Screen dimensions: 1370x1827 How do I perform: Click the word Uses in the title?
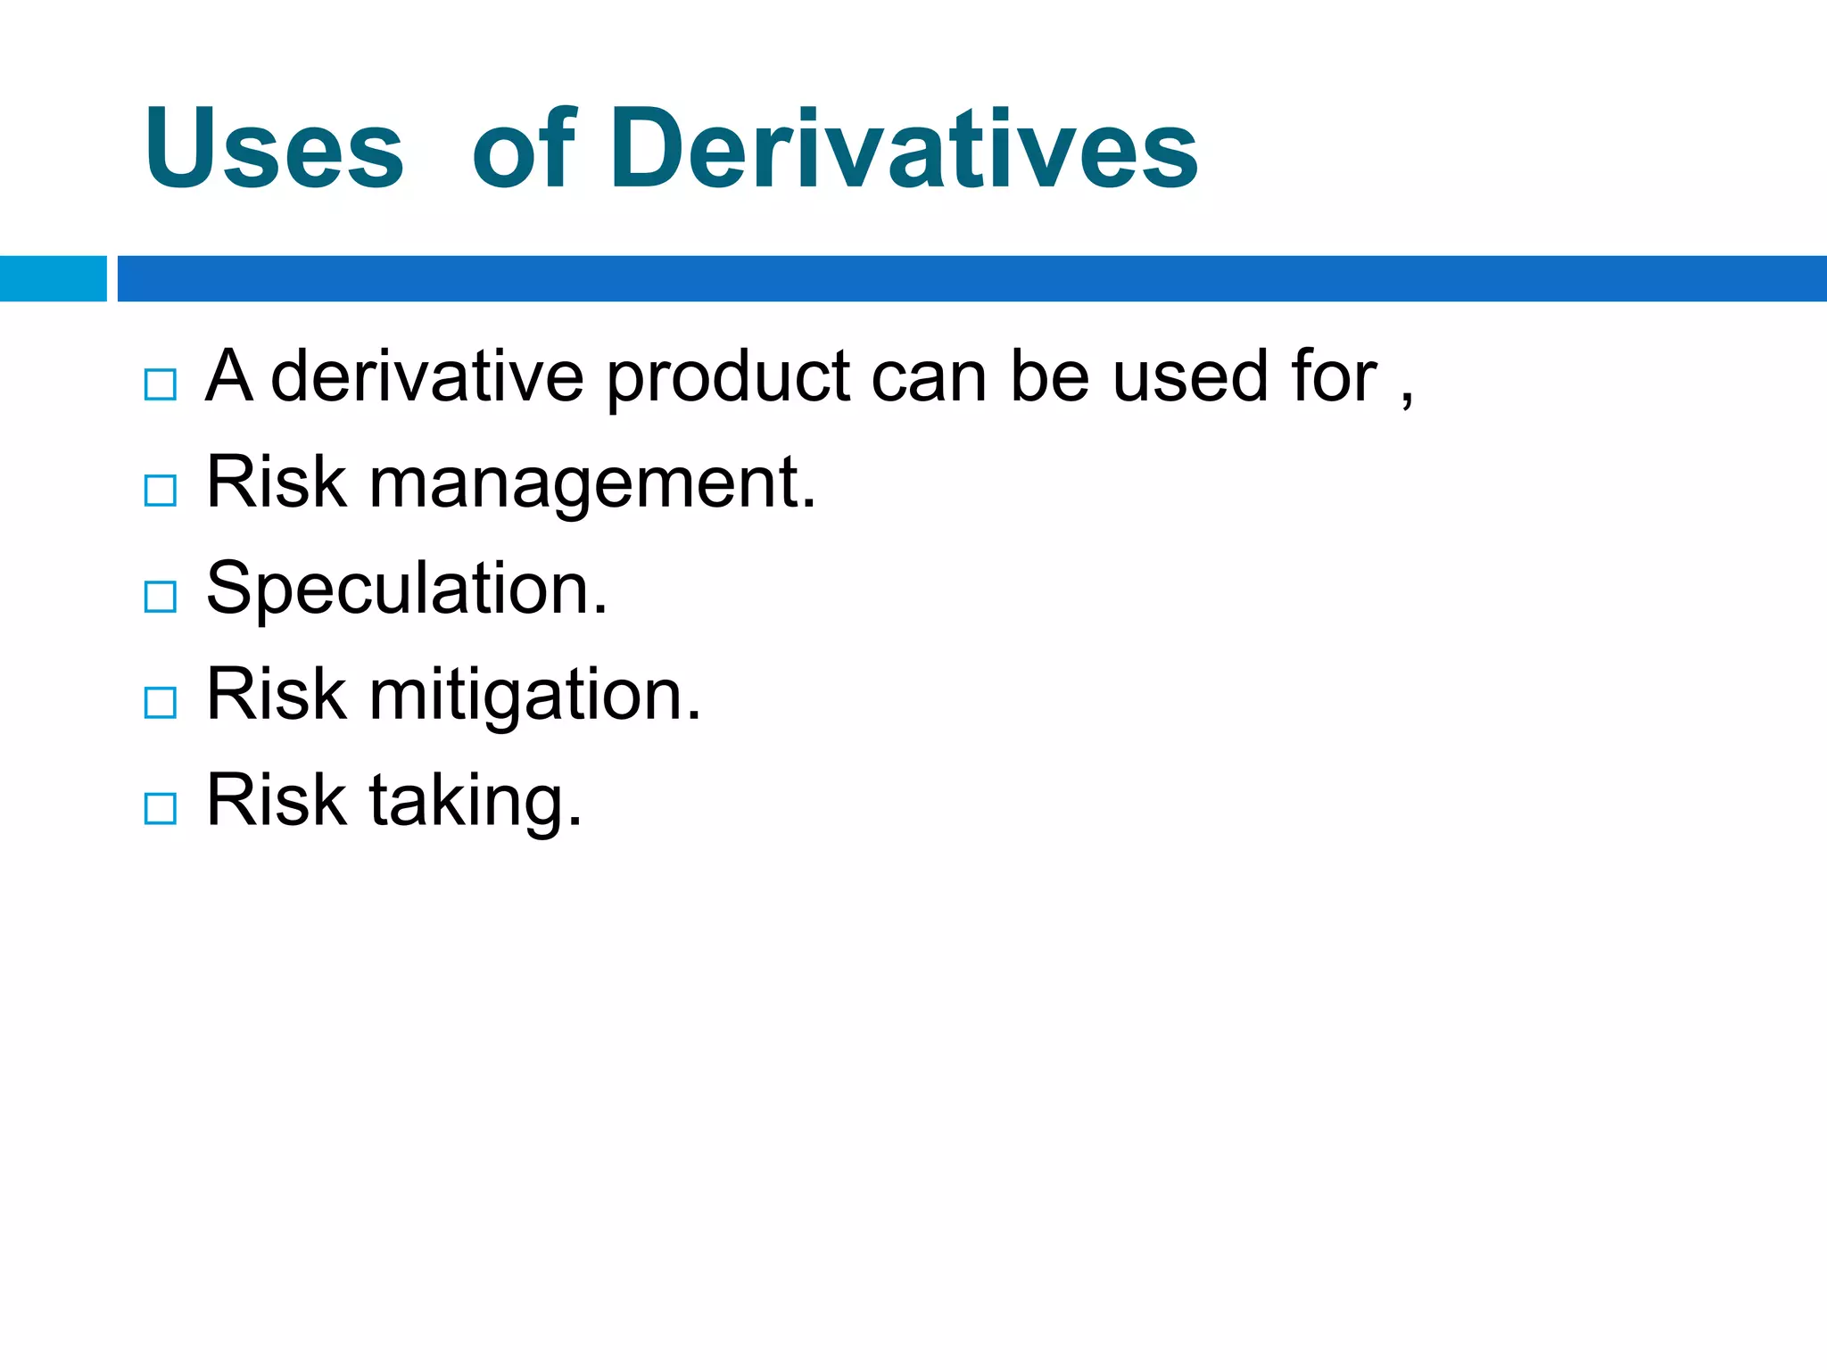click(275, 149)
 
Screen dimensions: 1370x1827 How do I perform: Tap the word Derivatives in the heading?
click(904, 149)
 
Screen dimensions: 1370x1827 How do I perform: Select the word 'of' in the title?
click(525, 149)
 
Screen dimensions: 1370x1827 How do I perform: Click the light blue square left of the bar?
click(53, 278)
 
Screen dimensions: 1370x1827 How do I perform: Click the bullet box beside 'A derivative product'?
click(161, 384)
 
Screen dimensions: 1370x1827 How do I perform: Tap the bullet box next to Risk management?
click(161, 491)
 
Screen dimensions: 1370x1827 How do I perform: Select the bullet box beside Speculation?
click(161, 597)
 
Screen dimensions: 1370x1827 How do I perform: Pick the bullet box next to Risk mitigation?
click(161, 703)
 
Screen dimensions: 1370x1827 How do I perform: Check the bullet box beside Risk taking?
click(161, 809)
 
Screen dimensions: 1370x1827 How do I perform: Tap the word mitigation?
click(535, 697)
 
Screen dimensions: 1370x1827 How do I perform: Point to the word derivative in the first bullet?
click(426, 377)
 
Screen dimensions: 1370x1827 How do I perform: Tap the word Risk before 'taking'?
click(277, 801)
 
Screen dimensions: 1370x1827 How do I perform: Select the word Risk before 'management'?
click(277, 483)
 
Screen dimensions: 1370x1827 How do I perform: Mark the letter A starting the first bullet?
click(228, 377)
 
